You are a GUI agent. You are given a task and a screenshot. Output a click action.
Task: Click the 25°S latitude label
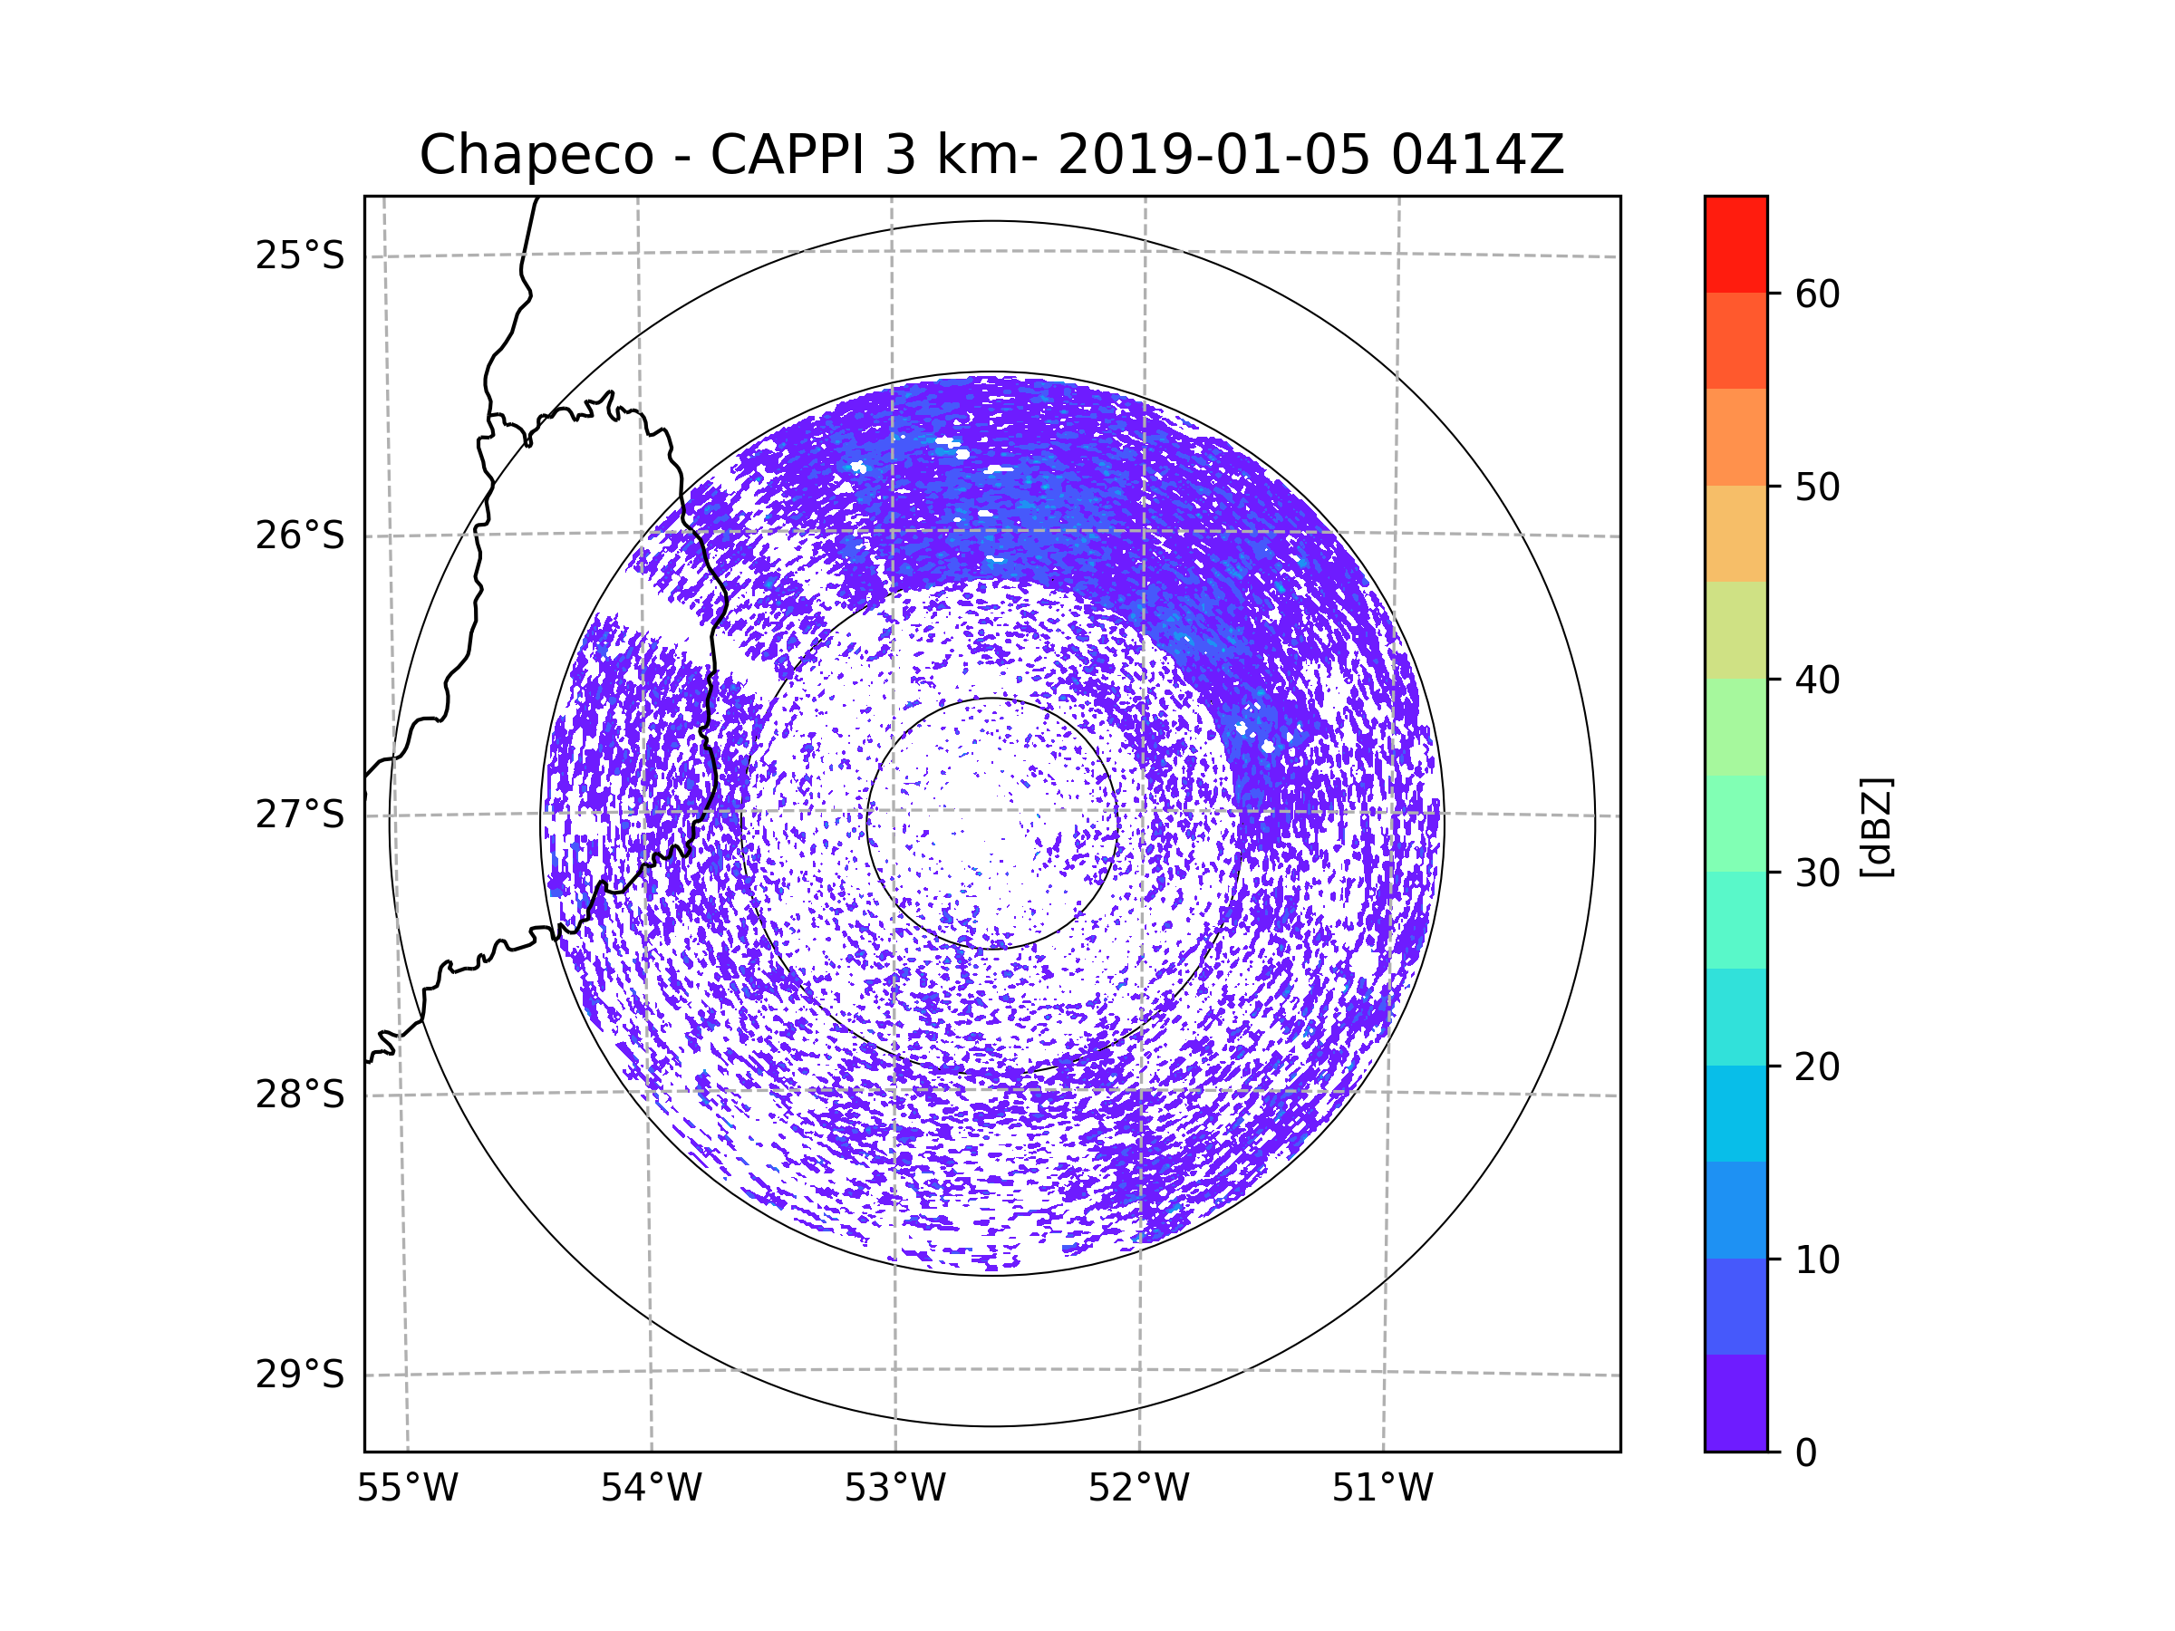(x=300, y=256)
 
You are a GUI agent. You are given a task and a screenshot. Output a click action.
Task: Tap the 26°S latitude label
(x=300, y=536)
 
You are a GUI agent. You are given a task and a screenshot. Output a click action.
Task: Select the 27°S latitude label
(x=300, y=815)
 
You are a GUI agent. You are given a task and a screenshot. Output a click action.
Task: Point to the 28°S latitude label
(x=300, y=1095)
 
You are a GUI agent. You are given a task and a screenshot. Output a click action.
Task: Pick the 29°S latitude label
(x=300, y=1375)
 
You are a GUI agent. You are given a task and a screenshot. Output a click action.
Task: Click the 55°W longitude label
(x=407, y=1489)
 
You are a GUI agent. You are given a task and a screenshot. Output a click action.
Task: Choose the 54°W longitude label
(x=651, y=1489)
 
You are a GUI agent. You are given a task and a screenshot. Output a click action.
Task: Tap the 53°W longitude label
(x=894, y=1489)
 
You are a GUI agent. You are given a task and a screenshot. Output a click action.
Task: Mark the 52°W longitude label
(x=1138, y=1489)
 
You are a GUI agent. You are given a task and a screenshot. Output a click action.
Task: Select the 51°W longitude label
(x=1382, y=1489)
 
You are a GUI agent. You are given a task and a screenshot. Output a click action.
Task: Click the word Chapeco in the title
(x=536, y=155)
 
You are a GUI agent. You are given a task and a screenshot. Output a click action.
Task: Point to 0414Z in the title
(x=1476, y=155)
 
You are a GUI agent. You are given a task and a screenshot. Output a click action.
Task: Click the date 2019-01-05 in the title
(x=1213, y=155)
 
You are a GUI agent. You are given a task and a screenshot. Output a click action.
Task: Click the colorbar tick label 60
(x=1817, y=294)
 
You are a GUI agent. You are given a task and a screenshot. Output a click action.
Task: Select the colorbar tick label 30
(x=1817, y=873)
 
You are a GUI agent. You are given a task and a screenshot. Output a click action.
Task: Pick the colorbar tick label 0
(x=1806, y=1453)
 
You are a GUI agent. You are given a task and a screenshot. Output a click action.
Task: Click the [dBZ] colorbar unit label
(x=1876, y=826)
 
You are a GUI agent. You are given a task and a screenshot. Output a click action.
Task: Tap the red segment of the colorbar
(x=1735, y=244)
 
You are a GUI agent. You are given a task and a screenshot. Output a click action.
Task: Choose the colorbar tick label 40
(x=1817, y=680)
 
